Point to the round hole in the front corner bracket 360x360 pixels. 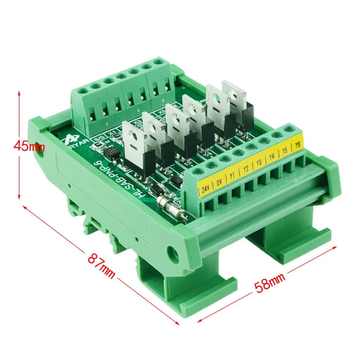pos(173,252)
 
